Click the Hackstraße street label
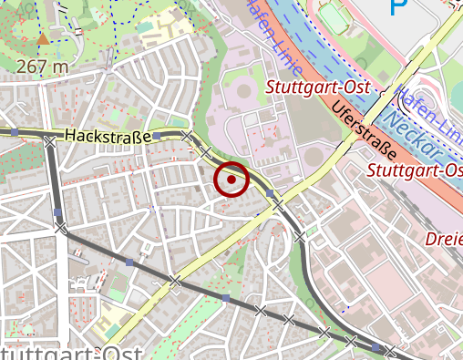pos(108,136)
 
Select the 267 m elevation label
pos(42,67)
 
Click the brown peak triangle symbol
pos(43,39)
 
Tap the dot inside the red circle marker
pos(232,180)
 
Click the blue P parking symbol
pos(398,7)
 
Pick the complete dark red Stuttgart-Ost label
pos(308,87)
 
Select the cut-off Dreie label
pos(445,239)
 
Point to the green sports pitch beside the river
pos(335,18)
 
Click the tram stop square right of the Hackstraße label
pos(156,136)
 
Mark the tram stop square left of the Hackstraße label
pos(48,139)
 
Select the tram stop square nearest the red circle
pos(270,193)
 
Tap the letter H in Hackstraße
pos(69,136)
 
